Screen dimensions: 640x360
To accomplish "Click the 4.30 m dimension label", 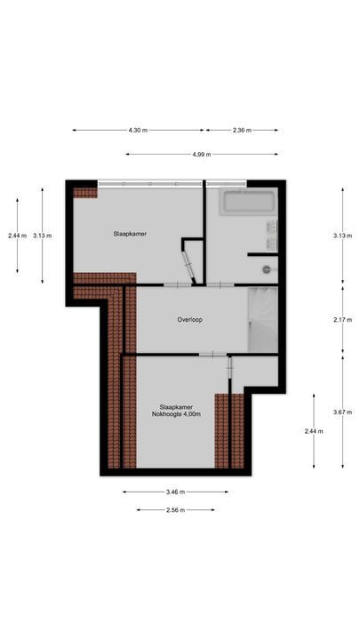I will point(137,131).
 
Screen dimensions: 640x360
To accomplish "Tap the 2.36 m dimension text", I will point(242,131).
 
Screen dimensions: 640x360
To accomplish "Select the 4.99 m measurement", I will point(201,154).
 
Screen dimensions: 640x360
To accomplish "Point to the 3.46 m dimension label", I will point(175,492).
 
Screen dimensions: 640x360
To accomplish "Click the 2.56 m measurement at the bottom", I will point(175,509).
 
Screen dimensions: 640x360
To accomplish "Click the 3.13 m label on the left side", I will point(42,236).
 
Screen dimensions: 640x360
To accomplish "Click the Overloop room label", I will point(189,320).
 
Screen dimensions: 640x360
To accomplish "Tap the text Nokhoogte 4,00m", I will point(175,414).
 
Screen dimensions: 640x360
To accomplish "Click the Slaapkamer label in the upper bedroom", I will point(130,234).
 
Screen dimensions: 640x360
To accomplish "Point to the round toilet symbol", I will point(266,268).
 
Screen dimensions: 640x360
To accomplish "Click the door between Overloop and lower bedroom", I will point(212,355).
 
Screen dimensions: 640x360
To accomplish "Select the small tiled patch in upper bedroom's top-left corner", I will point(84,192).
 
